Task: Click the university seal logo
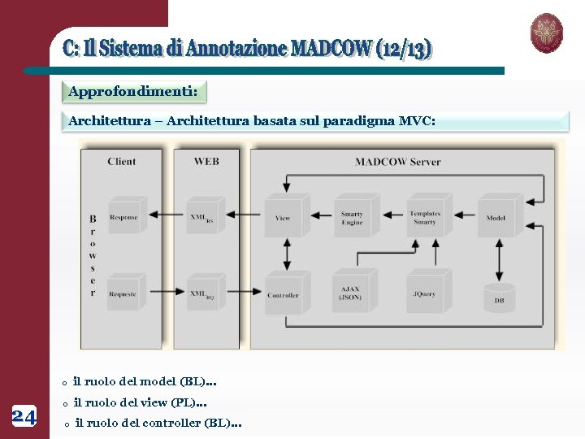point(546,33)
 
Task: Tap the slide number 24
point(24,417)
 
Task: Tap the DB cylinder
point(499,298)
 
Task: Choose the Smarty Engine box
point(353,216)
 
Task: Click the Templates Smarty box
point(425,216)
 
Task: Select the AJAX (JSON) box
point(351,293)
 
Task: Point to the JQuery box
point(425,293)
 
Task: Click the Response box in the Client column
point(124,216)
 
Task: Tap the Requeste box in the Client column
point(123,293)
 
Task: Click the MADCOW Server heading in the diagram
point(397,162)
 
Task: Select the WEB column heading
point(206,161)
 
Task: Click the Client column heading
point(122,161)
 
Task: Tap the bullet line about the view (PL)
point(140,402)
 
